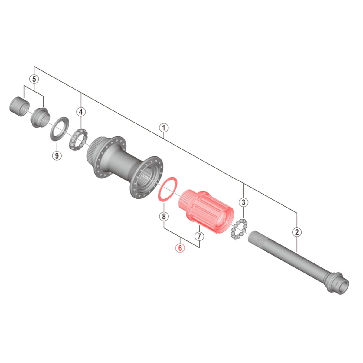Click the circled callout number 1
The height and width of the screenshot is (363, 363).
click(164, 128)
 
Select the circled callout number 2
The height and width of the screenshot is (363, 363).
click(297, 232)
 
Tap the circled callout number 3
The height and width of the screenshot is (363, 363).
click(244, 202)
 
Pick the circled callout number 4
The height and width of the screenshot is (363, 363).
click(81, 112)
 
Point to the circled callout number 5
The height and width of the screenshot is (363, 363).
click(34, 79)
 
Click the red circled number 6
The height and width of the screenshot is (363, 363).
click(180, 248)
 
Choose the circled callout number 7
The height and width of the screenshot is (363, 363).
click(199, 236)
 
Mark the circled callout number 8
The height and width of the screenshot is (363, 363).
click(164, 217)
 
